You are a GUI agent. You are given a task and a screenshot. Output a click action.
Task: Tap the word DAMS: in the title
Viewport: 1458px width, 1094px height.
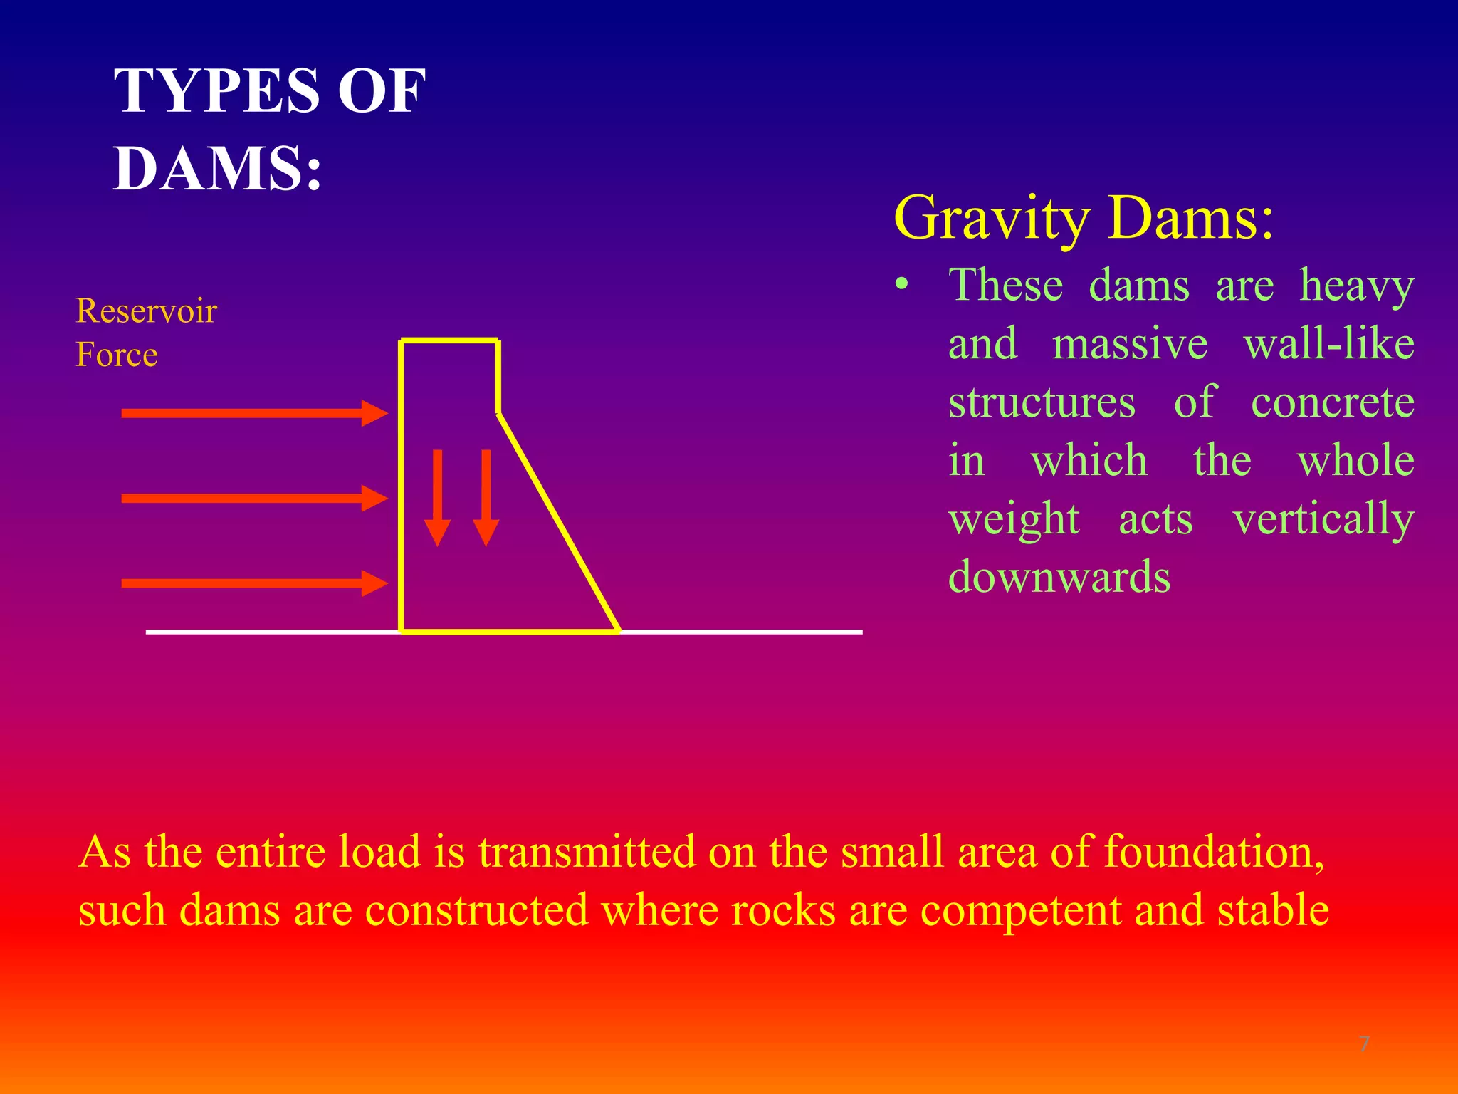coord(218,168)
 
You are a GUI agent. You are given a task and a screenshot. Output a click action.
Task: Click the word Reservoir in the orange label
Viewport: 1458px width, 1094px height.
coord(146,311)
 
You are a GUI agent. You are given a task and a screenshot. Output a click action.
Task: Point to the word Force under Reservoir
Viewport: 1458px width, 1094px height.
coord(117,355)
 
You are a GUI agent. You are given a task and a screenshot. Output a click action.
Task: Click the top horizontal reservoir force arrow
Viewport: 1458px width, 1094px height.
coord(253,413)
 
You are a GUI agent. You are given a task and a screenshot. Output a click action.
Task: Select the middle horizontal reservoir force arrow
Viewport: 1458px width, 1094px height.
coord(253,498)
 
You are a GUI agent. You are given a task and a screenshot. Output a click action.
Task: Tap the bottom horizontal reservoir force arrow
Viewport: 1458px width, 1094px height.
coord(253,583)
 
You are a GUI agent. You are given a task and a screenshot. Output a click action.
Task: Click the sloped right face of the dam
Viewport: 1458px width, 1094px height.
coord(557,521)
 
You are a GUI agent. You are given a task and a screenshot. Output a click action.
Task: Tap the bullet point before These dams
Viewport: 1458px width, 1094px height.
coord(902,285)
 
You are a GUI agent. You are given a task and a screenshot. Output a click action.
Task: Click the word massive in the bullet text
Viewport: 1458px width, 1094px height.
coord(1130,344)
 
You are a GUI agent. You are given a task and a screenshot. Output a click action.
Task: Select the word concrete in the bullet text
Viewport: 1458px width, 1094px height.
coord(1332,402)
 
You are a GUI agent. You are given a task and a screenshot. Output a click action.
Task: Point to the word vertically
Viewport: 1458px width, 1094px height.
coord(1323,519)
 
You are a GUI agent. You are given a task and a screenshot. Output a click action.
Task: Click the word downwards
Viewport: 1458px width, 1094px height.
coord(1059,577)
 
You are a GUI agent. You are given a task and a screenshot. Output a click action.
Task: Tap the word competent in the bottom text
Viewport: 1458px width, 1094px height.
coord(1020,911)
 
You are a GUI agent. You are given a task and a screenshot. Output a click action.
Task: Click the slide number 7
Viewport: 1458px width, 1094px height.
coord(1364,1045)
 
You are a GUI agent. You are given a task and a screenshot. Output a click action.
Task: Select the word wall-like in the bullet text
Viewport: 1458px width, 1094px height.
coord(1328,344)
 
